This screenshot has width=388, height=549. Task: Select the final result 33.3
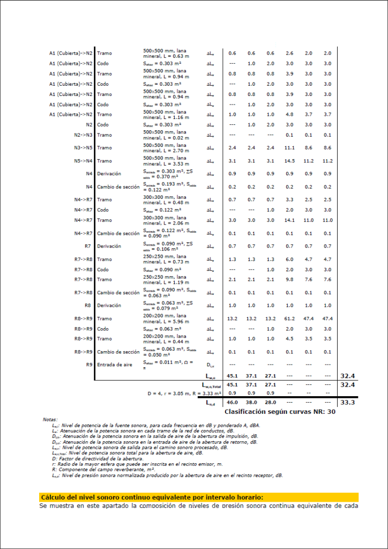[x=348, y=402]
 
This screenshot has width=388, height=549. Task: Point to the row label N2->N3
[x=83, y=135]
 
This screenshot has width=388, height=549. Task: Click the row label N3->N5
[x=83, y=147]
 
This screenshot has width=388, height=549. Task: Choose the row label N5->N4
[x=83, y=161]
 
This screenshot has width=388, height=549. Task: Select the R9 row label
[x=89, y=364]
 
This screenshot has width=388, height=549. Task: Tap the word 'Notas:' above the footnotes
[x=50, y=419]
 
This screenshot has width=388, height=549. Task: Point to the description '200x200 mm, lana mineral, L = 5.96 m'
[x=165, y=318]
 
